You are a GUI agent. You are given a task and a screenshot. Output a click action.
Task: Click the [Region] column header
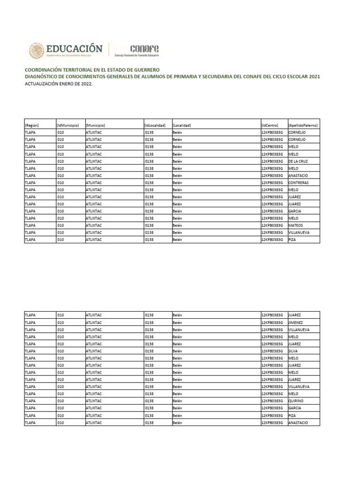point(32,125)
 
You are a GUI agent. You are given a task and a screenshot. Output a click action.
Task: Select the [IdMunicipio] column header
point(68,125)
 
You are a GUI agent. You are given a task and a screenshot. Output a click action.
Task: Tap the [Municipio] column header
point(96,125)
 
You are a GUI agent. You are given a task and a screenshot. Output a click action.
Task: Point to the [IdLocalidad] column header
point(155,125)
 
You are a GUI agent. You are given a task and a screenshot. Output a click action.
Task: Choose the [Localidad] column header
point(182,125)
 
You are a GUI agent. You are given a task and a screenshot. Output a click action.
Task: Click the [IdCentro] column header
point(270,125)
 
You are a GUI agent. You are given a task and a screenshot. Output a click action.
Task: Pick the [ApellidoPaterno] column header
point(303,125)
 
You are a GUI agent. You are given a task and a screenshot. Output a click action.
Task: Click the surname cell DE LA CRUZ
point(298,161)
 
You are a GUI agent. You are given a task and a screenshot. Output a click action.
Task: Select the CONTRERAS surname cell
point(298,182)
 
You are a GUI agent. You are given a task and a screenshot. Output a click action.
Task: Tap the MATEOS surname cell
point(296,225)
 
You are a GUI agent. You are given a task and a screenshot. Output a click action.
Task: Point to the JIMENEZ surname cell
point(296,322)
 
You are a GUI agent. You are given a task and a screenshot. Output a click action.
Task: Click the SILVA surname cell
point(293,351)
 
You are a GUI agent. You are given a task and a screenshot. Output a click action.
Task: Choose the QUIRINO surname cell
point(296,401)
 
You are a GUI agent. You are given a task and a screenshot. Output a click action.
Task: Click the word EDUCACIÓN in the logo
point(74,48)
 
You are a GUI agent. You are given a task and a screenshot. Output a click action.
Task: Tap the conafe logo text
point(144,48)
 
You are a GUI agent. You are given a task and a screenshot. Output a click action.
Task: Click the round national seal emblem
point(37,51)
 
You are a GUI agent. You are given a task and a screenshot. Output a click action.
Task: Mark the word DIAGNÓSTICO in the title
point(43,76)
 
